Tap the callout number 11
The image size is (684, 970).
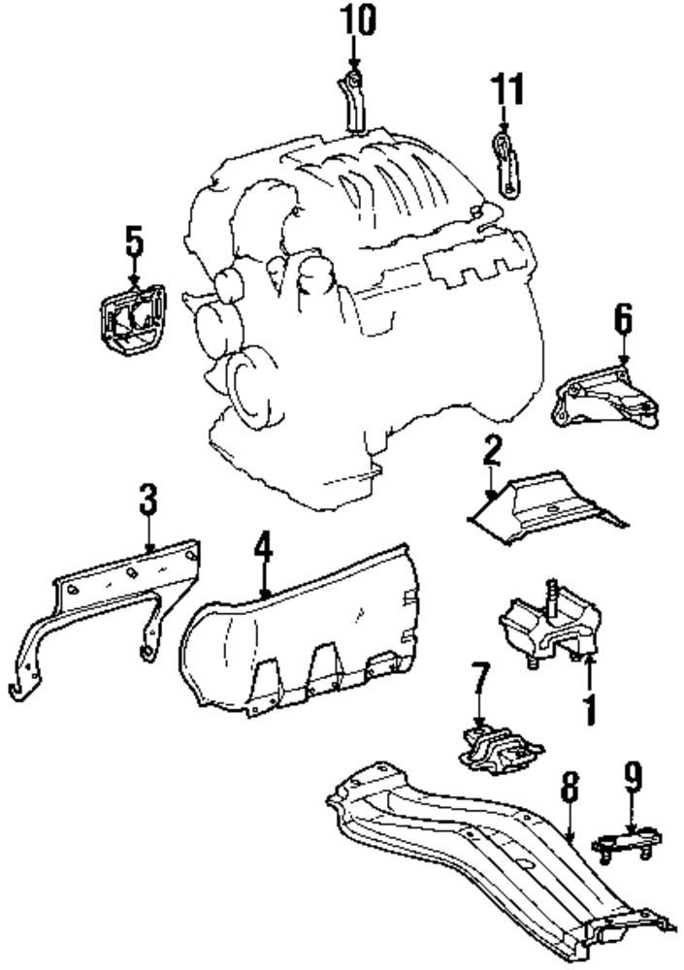pos(505,89)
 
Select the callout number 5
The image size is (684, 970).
pos(133,241)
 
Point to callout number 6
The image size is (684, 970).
pos(622,318)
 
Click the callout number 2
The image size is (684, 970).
pos(492,450)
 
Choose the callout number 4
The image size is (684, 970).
pos(263,549)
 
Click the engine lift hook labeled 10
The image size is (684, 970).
pos(354,102)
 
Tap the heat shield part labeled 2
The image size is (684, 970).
pos(543,504)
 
